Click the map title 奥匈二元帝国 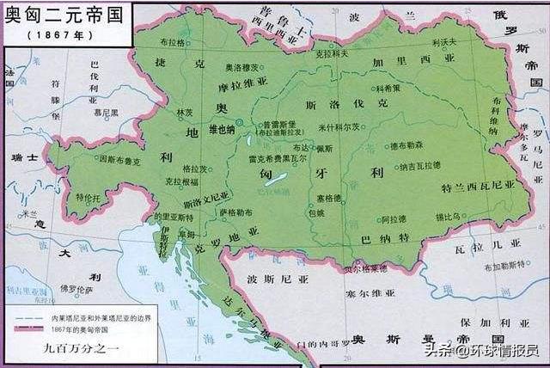click(62, 15)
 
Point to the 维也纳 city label click(222, 129)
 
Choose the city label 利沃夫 click(444, 40)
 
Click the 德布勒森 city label click(406, 145)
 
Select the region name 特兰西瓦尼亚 click(477, 185)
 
